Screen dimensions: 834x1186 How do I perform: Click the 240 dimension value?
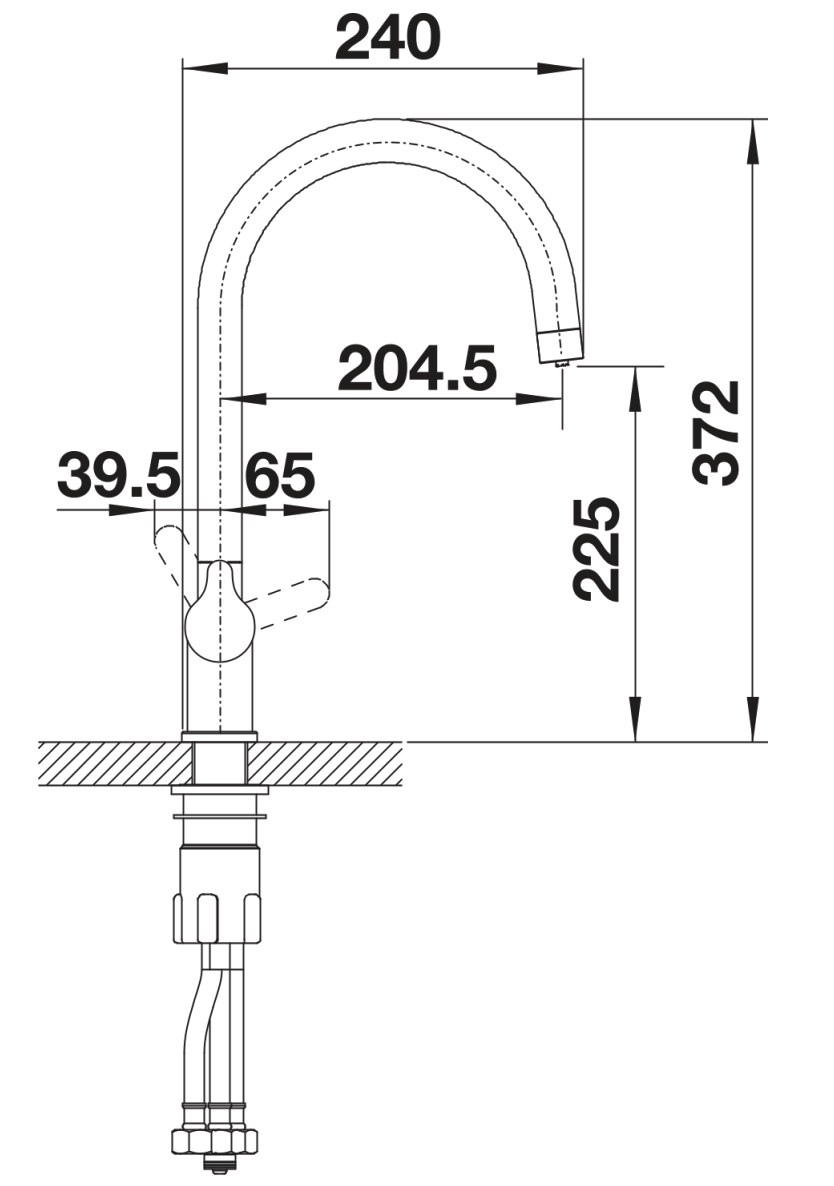[388, 38]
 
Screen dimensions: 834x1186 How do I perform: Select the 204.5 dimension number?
[417, 368]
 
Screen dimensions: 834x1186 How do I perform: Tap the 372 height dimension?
[716, 432]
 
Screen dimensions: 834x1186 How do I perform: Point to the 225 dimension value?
[597, 549]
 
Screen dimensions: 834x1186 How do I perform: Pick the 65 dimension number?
[280, 476]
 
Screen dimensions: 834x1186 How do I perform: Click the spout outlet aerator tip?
[561, 346]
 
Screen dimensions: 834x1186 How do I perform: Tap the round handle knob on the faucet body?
[220, 612]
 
